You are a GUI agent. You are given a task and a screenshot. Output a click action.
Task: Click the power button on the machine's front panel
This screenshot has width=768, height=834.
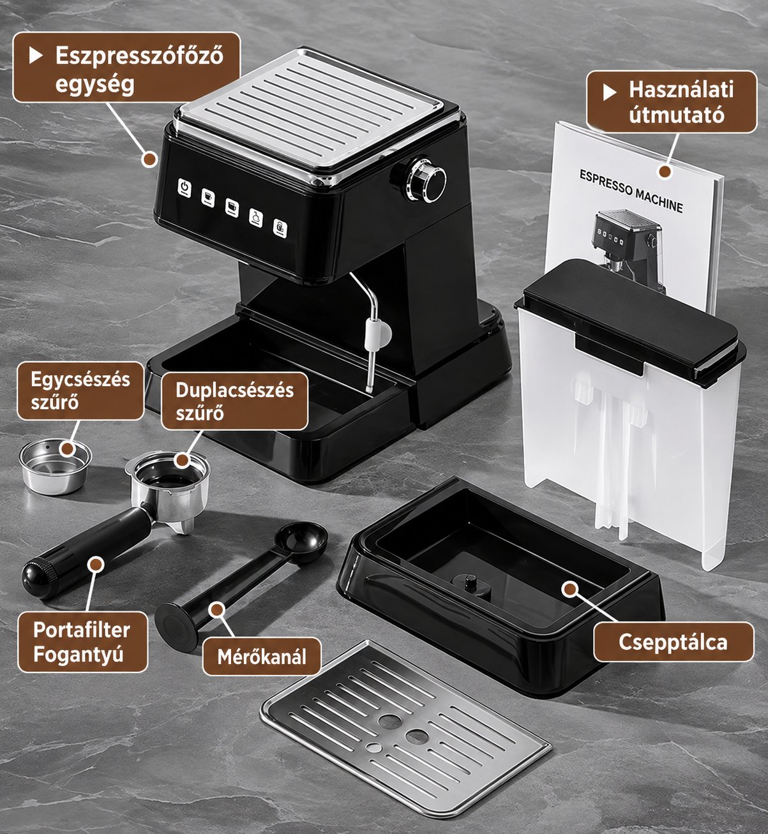click(x=184, y=188)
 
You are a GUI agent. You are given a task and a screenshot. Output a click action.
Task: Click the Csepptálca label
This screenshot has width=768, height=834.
click(x=673, y=641)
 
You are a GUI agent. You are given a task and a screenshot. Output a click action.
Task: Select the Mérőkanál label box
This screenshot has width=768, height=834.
click(x=262, y=657)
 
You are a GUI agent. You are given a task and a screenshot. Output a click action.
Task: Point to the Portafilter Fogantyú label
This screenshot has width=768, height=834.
click(x=82, y=641)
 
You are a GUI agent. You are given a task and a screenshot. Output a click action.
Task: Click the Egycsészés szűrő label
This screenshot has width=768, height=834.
click(x=80, y=391)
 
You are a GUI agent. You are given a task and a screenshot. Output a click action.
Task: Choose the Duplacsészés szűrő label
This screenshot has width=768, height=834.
click(x=235, y=401)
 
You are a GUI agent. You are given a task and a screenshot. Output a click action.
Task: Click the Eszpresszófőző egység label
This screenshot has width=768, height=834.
click(x=127, y=68)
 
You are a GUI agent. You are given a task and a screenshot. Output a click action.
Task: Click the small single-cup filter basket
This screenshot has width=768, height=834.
click(x=55, y=466)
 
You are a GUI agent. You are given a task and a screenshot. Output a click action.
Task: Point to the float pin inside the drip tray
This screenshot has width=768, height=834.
click(x=471, y=582)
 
